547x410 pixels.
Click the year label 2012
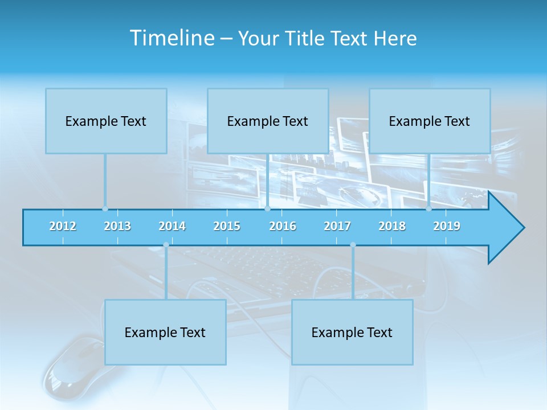coord(63,226)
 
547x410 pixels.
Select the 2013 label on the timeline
coord(117,226)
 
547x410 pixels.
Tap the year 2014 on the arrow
coord(172,226)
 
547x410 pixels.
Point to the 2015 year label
coord(227,226)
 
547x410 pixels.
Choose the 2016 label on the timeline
coord(283,226)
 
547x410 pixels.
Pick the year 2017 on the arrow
coord(337,226)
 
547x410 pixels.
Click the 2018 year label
coord(392,226)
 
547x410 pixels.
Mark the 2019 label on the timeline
coord(447,226)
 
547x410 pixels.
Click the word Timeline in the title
coord(172,38)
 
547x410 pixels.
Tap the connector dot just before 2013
coord(105,209)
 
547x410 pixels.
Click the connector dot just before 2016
coord(267,209)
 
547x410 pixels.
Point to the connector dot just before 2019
coord(429,209)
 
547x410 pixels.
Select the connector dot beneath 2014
coord(166,245)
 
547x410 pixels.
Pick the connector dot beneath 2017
coord(353,245)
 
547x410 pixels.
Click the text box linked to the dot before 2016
coord(268,121)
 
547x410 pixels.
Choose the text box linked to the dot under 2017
coord(352,332)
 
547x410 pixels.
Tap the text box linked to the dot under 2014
coord(165,332)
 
